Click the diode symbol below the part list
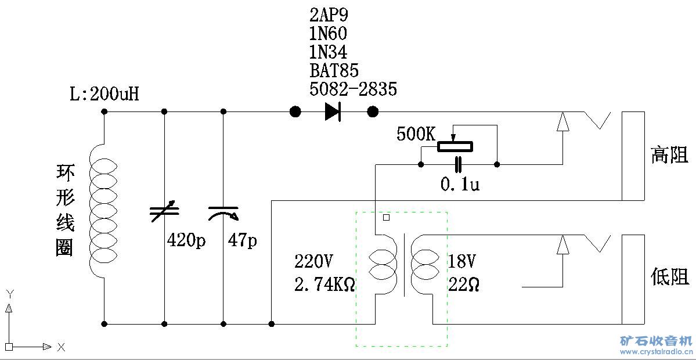click(333, 111)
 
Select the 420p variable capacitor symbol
click(165, 214)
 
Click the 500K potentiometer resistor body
click(455, 146)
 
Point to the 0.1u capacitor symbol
click(459, 164)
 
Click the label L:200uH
click(104, 94)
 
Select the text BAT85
click(334, 70)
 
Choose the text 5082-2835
click(353, 89)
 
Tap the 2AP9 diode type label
click(329, 15)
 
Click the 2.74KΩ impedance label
click(325, 283)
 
